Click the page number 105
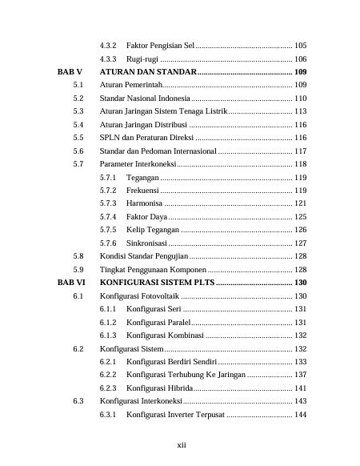tap(301, 45)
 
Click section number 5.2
tap(78, 98)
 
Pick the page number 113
tap(301, 111)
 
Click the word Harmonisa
tap(145, 203)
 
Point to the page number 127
tap(301, 243)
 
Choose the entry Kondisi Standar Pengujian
tap(144, 256)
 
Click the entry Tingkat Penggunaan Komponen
tap(150, 269)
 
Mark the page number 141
tap(301, 388)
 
